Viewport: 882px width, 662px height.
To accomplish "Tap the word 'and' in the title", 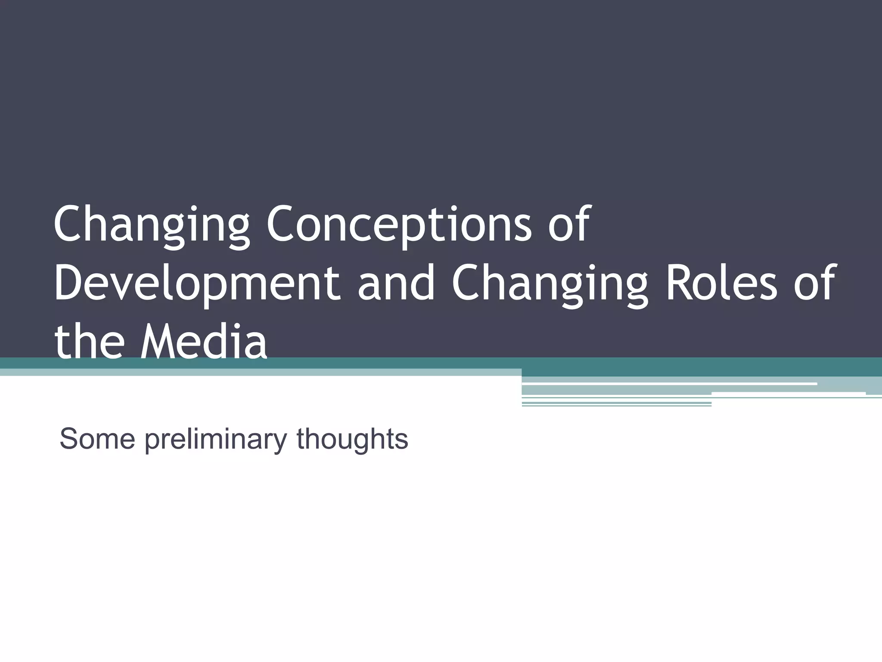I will (x=396, y=283).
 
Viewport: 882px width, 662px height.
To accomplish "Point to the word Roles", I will (x=722, y=283).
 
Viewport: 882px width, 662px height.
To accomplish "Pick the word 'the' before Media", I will (x=89, y=342).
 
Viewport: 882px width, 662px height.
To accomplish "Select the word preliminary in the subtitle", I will (x=215, y=440).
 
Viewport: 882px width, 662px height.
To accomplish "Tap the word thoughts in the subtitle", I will (x=352, y=440).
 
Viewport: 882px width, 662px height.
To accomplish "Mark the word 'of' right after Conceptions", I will (x=568, y=225).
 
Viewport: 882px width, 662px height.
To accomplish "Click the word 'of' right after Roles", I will (x=814, y=283).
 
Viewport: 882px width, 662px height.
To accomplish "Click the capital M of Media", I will (x=160, y=342).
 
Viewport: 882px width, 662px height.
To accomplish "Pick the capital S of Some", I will (x=70, y=439).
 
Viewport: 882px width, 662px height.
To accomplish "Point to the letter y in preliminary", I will (x=280, y=442).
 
